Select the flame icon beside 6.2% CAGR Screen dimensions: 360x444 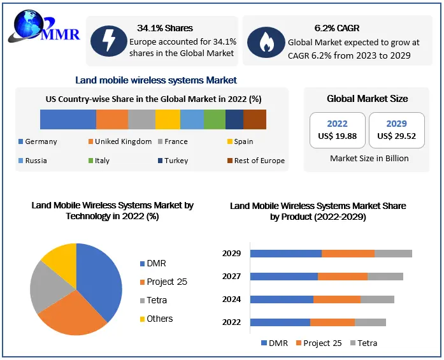(262, 41)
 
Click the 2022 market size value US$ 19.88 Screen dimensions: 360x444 (337, 135)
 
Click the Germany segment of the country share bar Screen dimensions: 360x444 (68, 119)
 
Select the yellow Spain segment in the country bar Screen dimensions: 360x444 (168, 119)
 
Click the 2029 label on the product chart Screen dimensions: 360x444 (231, 254)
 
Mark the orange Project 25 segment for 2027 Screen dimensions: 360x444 (342, 277)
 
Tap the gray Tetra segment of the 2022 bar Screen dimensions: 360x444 (370, 322)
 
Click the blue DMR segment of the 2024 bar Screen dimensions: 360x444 (282, 299)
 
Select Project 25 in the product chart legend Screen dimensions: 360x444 (322, 343)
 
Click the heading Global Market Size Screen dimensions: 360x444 (367, 99)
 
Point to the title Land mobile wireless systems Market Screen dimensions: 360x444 (156, 80)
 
